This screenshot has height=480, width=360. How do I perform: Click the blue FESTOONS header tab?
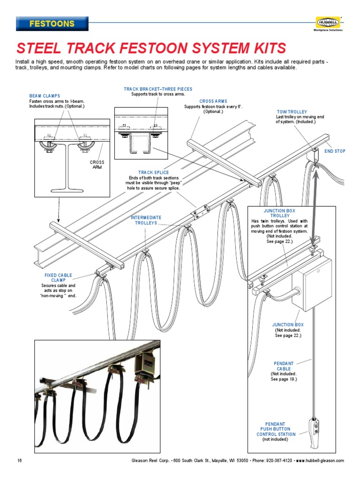[x=52, y=23]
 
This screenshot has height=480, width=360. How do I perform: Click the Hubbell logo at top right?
[x=328, y=22]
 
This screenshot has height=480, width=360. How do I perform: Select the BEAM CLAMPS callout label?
[x=45, y=96]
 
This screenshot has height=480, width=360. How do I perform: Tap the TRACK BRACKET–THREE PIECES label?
[x=158, y=89]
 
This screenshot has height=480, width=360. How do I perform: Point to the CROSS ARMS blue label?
[x=213, y=101]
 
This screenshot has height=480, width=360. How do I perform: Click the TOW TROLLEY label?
[x=292, y=112]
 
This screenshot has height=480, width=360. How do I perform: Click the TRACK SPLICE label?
[x=153, y=173]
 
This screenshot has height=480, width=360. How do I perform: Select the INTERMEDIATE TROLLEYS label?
[x=146, y=220]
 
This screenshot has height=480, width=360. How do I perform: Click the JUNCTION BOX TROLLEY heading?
[x=279, y=214]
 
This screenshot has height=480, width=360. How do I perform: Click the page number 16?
[x=20, y=460]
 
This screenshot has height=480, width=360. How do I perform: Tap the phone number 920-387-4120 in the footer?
[x=279, y=460]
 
